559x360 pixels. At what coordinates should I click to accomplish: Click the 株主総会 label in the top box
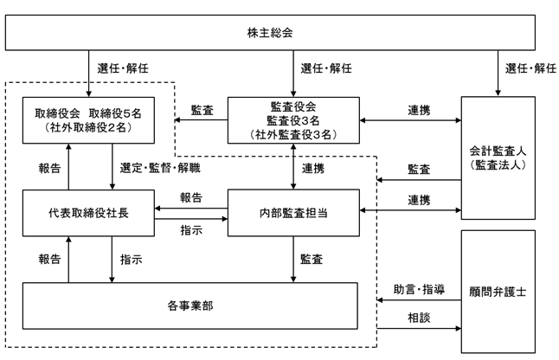click(270, 33)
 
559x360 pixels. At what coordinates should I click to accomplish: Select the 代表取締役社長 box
click(88, 213)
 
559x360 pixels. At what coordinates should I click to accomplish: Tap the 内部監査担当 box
click(293, 213)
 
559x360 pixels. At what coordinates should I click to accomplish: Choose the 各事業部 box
click(190, 305)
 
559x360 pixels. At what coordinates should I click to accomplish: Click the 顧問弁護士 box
click(498, 292)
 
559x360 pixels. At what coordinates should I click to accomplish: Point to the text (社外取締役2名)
click(88, 127)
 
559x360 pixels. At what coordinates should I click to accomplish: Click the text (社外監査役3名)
click(293, 135)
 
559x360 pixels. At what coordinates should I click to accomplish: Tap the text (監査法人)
click(498, 164)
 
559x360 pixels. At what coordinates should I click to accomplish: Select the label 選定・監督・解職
click(160, 168)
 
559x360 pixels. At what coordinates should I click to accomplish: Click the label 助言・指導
click(419, 289)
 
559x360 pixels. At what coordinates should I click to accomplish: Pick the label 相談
click(419, 318)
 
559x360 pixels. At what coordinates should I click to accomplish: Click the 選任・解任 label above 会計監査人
click(530, 68)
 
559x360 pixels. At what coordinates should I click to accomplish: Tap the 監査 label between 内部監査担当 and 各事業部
click(312, 259)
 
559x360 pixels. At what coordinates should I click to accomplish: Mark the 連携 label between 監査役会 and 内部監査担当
click(313, 168)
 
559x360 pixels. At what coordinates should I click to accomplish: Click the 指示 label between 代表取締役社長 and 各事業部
click(132, 259)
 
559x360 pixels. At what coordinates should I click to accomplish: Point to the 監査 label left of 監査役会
click(202, 110)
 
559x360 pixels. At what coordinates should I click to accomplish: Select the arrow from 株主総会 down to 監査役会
click(293, 74)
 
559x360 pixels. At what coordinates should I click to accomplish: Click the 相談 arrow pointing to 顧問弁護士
click(419, 328)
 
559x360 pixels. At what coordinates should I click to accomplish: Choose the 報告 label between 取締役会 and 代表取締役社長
click(49, 168)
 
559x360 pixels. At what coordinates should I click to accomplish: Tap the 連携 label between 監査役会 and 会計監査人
click(419, 110)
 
